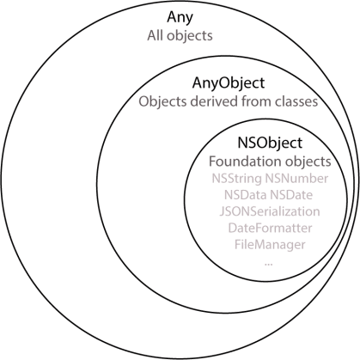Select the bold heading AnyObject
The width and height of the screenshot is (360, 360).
pyautogui.click(x=228, y=84)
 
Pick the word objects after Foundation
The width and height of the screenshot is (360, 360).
pyautogui.click(x=308, y=162)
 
